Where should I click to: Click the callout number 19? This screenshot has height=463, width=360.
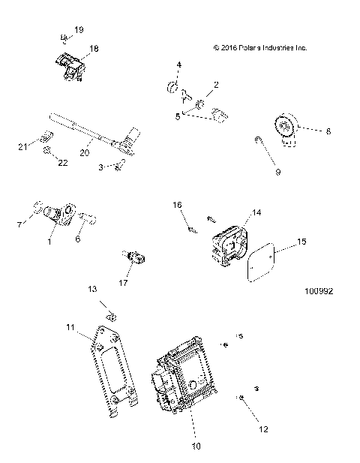click(79, 31)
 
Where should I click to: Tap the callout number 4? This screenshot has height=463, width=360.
click(178, 66)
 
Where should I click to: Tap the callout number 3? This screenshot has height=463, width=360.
click(102, 167)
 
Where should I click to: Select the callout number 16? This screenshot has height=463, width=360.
click(178, 204)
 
